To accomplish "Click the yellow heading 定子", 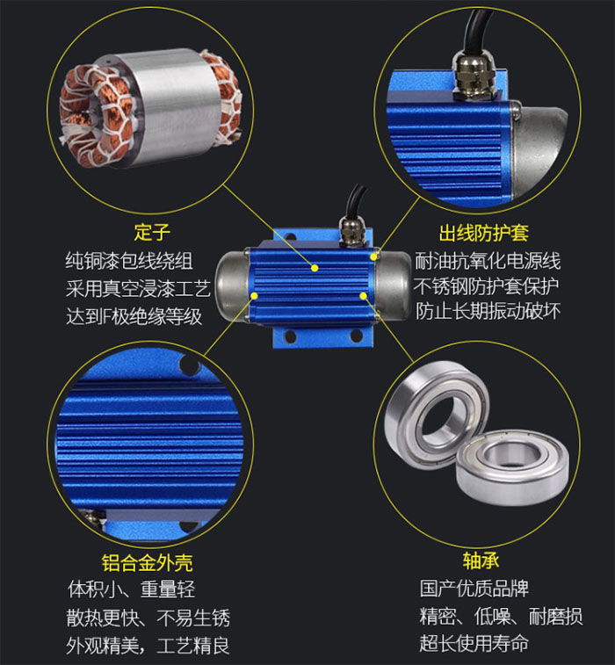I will pyautogui.click(x=151, y=232).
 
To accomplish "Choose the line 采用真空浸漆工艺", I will pyautogui.click(x=138, y=288).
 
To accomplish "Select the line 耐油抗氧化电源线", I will pyautogui.click(x=488, y=261).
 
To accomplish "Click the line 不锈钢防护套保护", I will pyautogui.click(x=488, y=287).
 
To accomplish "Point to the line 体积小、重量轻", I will pyautogui.click(x=131, y=589).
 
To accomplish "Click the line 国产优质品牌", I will pyautogui.click(x=474, y=589).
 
